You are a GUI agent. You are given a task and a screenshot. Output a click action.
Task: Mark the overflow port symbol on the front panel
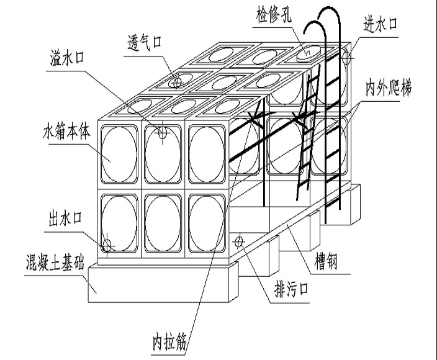(x=162, y=132)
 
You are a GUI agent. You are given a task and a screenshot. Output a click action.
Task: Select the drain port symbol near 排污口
(x=240, y=240)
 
